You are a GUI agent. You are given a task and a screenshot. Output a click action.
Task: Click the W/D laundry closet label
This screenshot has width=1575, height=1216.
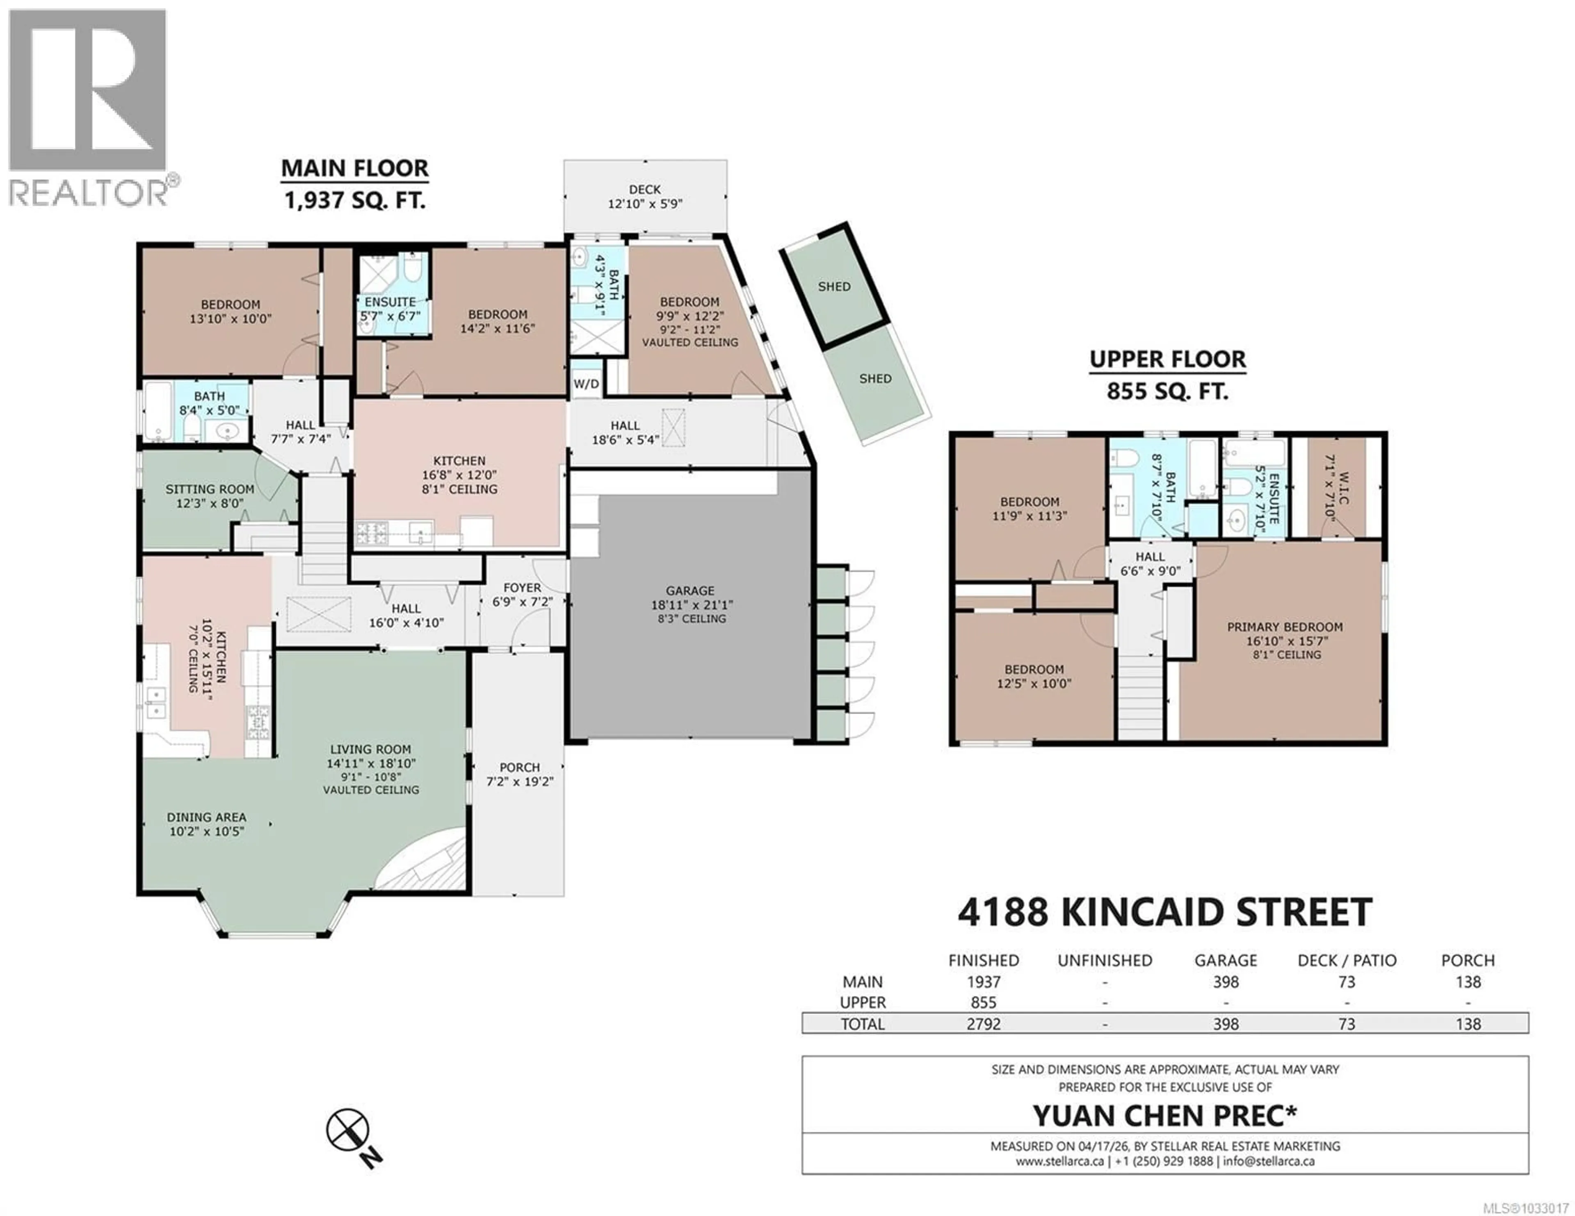point(586,384)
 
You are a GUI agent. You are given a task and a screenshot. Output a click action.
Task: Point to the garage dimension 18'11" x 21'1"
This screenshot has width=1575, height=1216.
point(690,605)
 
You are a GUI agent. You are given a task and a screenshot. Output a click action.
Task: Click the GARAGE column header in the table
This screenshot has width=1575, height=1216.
point(1225,960)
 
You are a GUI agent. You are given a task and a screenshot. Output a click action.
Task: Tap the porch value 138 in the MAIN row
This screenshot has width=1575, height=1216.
point(1468,982)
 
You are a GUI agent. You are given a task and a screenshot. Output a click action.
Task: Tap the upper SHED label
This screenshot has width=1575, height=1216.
point(834,286)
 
